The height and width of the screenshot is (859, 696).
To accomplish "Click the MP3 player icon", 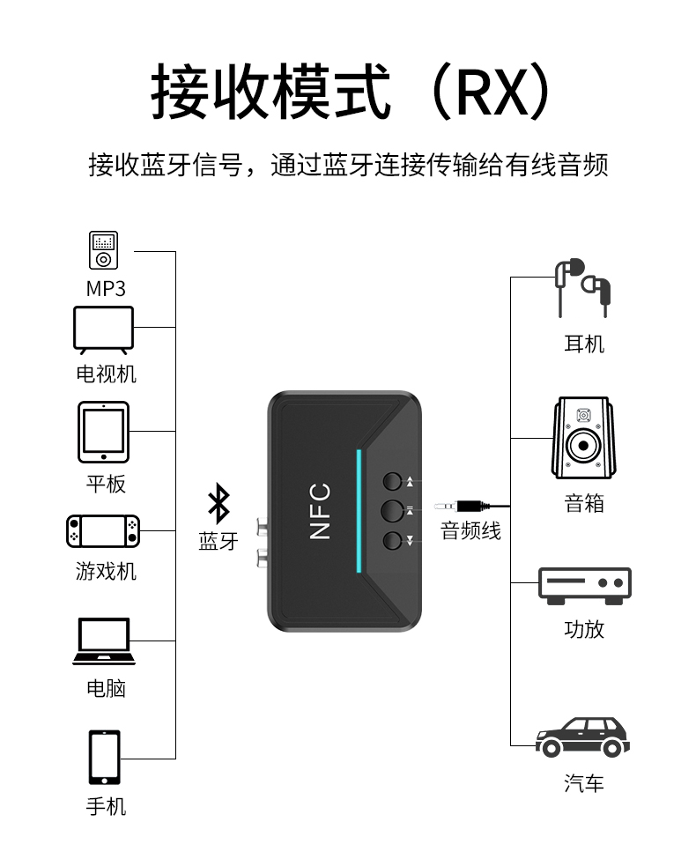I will tap(103, 250).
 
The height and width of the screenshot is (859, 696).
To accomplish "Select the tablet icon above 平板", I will tap(103, 432).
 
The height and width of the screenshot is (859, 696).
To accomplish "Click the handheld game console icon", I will tap(103, 530).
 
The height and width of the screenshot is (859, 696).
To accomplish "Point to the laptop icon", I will tap(103, 641).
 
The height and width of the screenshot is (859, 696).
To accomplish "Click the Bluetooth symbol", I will tap(218, 504).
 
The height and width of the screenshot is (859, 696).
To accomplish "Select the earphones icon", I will tap(582, 286).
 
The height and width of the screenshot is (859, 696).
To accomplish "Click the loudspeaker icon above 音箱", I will tap(582, 438).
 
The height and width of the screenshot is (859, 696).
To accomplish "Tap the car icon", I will tap(583, 737).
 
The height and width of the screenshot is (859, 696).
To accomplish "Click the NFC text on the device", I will tap(320, 510).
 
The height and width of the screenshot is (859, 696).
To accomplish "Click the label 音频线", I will tap(470, 531).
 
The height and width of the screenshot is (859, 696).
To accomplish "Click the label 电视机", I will tap(106, 374).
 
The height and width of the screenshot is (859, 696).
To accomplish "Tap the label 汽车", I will tap(584, 782).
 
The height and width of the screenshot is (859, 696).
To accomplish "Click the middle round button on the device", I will tap(393, 509).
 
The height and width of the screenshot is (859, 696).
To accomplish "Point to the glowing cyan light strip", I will tap(359, 510).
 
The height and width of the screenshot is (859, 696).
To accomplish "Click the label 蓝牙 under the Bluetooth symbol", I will tap(218, 542).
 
